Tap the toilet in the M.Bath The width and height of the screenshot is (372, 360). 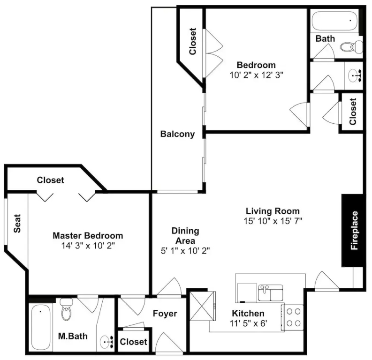pyautogui.click(x=66, y=309)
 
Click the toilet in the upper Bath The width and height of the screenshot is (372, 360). pyautogui.click(x=351, y=47)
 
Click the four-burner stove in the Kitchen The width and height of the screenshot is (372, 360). pyautogui.click(x=293, y=317)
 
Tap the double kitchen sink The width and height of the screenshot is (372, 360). pyautogui.click(x=271, y=293)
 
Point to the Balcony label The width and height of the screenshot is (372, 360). pyautogui.click(x=177, y=134)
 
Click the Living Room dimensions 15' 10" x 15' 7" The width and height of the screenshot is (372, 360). pyautogui.click(x=273, y=221)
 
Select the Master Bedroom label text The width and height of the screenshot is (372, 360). pyautogui.click(x=88, y=236)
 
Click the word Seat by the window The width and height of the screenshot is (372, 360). pyautogui.click(x=17, y=223)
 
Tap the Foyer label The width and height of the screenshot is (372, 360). pyautogui.click(x=165, y=314)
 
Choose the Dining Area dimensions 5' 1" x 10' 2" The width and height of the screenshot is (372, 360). pyautogui.click(x=185, y=250)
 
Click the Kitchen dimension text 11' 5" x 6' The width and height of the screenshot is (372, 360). pyautogui.click(x=249, y=323)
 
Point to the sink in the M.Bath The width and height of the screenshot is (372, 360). pyautogui.click(x=106, y=342)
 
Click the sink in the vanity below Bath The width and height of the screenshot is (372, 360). pyautogui.click(x=355, y=76)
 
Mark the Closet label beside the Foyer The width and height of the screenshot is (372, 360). pyautogui.click(x=133, y=342)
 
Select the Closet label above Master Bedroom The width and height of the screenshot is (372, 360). pyautogui.click(x=50, y=180)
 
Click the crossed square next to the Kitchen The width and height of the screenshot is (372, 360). pyautogui.click(x=202, y=306)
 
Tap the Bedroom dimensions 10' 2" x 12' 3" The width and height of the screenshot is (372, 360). pyautogui.click(x=257, y=75)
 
